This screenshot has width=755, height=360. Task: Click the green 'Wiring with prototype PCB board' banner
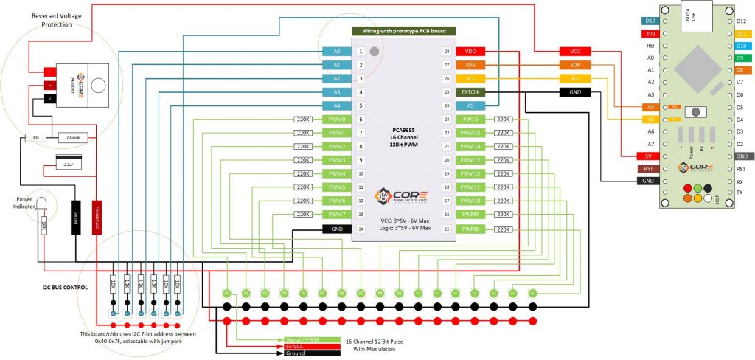coord(403,31)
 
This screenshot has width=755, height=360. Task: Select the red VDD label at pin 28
coord(470,52)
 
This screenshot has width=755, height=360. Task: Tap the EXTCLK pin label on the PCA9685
coord(470,92)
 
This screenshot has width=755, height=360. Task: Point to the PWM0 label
coord(337,120)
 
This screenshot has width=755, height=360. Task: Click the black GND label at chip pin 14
coord(337,228)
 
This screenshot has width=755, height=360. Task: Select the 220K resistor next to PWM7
coord(303,215)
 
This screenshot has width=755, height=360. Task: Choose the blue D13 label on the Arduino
coord(650,21)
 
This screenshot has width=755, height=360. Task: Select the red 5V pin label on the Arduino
coord(647,156)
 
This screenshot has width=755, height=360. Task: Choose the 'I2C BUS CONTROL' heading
coord(59,287)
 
